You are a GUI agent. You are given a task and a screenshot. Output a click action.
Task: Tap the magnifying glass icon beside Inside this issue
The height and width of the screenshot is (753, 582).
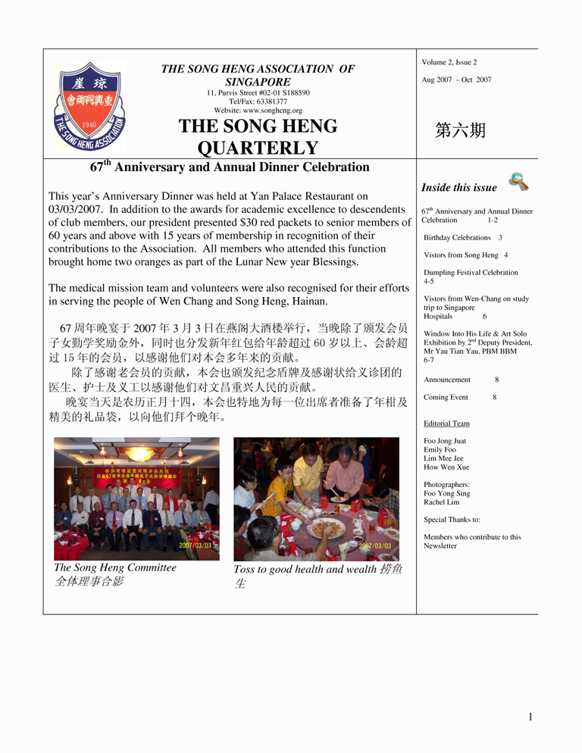518,182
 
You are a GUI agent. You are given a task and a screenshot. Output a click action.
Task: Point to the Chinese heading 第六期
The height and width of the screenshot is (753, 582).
460,130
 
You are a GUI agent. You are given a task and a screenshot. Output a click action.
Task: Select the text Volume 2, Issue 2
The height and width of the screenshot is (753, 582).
449,62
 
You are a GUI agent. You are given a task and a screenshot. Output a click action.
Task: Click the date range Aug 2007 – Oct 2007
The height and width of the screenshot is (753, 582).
455,80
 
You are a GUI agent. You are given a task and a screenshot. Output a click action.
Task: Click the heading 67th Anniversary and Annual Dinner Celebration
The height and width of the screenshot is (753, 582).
230,167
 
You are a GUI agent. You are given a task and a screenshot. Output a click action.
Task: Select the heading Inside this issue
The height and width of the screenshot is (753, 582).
459,188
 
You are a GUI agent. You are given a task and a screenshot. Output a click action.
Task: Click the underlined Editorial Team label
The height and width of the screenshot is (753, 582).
446,423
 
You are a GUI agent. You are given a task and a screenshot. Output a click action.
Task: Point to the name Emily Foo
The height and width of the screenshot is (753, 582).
440,450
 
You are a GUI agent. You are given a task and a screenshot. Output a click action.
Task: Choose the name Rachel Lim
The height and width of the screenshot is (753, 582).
443,502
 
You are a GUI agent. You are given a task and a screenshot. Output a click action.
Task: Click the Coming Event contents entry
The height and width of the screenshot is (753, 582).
446,397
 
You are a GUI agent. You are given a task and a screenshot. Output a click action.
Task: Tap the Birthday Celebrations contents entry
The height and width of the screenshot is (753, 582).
457,238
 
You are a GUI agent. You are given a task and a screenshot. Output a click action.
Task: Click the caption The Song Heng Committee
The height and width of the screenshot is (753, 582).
115,567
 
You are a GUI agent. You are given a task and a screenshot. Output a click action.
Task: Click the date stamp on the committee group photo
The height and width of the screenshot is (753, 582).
196,545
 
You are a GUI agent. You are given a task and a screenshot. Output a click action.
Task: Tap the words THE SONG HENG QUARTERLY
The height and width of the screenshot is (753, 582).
258,136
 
